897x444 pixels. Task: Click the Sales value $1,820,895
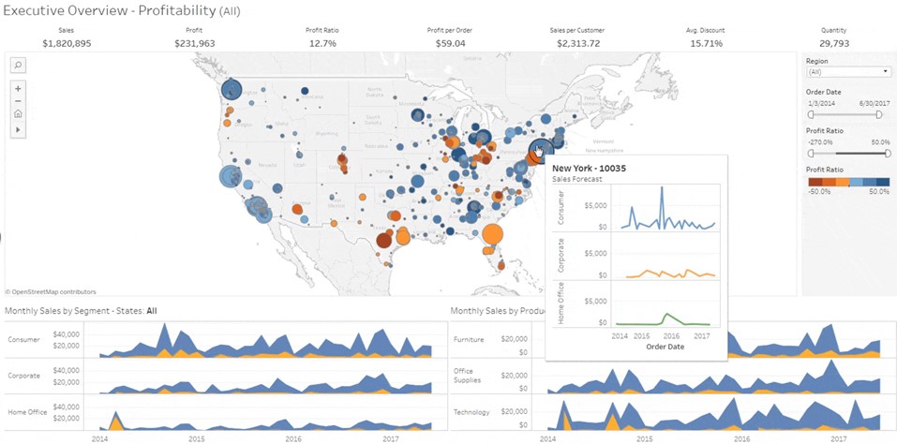point(66,43)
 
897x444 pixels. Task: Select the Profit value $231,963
point(194,43)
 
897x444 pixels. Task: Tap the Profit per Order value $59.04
point(451,43)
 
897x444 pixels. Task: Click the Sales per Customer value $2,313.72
point(578,43)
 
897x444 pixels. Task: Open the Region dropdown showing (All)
point(847,71)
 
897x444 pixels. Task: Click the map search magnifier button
point(18,65)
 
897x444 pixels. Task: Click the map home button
point(18,113)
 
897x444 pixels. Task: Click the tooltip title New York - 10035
point(589,168)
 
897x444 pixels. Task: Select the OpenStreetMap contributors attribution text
point(52,292)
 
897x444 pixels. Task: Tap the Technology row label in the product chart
point(471,412)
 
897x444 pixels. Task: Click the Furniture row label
point(469,339)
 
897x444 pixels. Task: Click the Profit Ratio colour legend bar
point(847,182)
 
